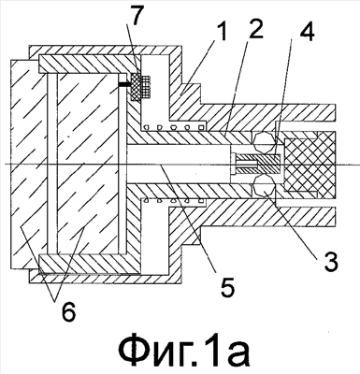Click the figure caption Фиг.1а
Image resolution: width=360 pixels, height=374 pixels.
(x=184, y=351)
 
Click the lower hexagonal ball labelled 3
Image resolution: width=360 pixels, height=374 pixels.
(x=264, y=186)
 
